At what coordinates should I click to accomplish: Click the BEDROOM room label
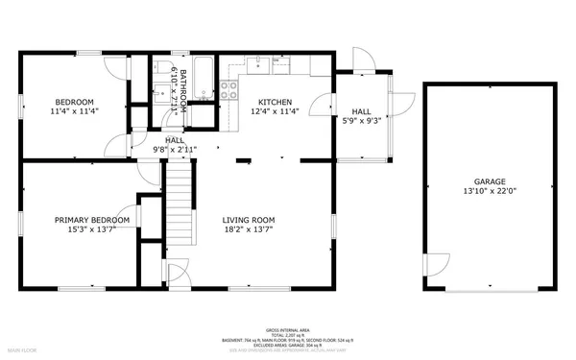tap(74, 102)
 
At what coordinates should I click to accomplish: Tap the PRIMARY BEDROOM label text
tap(92, 219)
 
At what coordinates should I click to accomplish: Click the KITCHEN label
tap(275, 102)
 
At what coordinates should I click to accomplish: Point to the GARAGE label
tap(489, 180)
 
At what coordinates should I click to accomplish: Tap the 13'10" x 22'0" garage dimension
tap(489, 191)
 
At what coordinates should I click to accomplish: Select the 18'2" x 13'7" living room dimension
tap(249, 229)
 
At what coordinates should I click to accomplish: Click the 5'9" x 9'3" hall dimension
tap(361, 121)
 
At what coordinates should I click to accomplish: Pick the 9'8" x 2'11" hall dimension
tap(175, 150)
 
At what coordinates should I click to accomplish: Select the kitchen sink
tap(258, 65)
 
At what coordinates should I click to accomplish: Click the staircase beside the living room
tap(180, 192)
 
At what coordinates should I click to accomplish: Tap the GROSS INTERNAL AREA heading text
tap(288, 328)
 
